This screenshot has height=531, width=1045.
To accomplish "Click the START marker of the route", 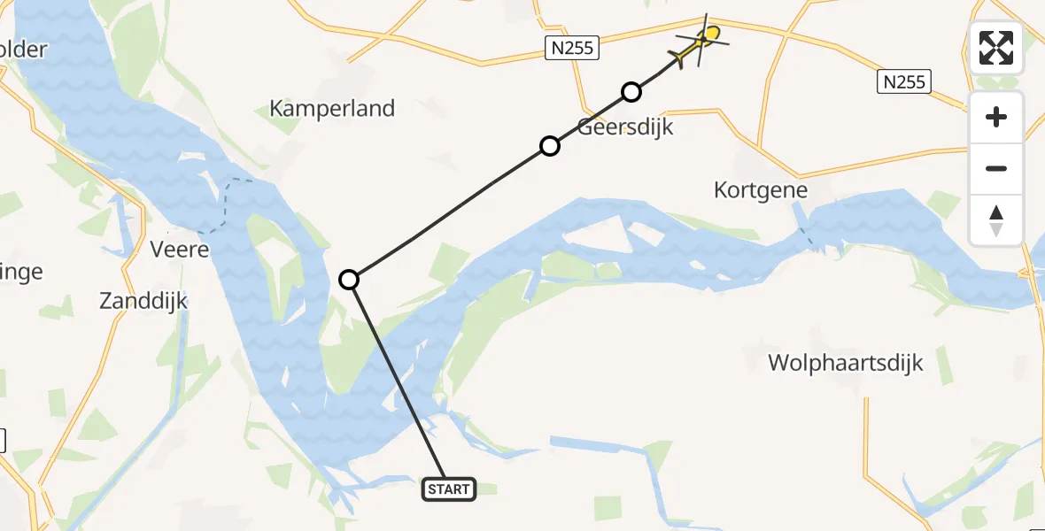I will point(449,489).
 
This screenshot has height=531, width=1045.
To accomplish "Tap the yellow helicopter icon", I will point(701,43).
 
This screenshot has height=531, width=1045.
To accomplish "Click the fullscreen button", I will point(996,48).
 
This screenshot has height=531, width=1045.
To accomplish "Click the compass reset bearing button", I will point(996,220).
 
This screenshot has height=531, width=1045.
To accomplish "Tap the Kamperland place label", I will point(332,109).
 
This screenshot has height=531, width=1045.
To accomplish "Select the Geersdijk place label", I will point(625,127).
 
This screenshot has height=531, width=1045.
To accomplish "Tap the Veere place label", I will point(180,250).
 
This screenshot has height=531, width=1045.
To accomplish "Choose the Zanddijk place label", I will point(143,301).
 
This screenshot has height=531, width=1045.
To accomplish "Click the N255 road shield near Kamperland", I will point(572,48).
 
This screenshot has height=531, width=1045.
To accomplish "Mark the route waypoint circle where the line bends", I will point(350,280).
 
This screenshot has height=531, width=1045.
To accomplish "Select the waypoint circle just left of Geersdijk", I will point(550,146).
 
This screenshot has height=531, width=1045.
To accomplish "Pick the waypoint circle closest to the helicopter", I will point(631,91).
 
